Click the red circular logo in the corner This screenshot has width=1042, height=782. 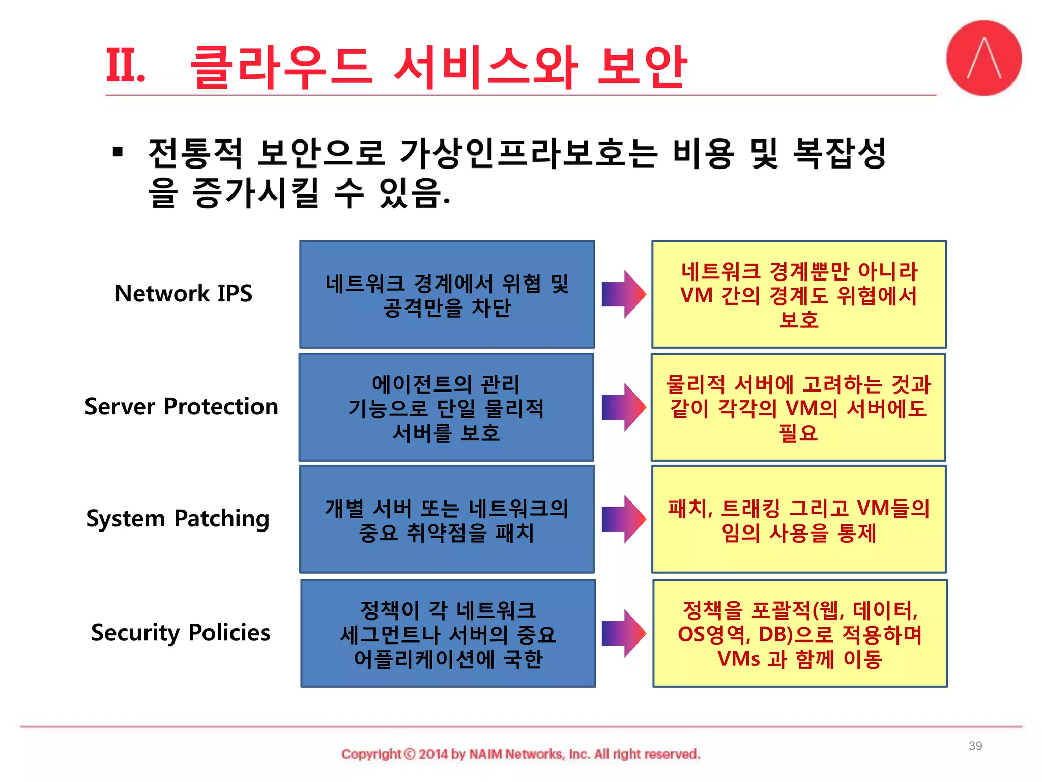pos(983,58)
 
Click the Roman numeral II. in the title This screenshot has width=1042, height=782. pos(125,66)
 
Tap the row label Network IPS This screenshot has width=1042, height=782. pos(183,294)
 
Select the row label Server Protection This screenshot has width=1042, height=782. pos(181,407)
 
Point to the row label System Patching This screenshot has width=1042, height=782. pos(178,519)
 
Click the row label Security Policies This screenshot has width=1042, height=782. pos(180,633)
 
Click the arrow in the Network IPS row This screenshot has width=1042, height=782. pos(623,294)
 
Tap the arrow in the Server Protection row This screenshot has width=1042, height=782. pos(623,407)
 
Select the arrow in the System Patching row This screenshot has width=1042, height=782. pos(623,519)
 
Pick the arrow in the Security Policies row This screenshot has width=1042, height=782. pos(623,633)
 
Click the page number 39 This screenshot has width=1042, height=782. pos(975,746)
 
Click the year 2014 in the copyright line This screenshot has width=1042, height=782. pos(433,754)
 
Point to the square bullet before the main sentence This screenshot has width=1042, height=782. pos(118,152)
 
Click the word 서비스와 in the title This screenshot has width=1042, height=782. pos(486,67)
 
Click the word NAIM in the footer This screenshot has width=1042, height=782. pos(485,754)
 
